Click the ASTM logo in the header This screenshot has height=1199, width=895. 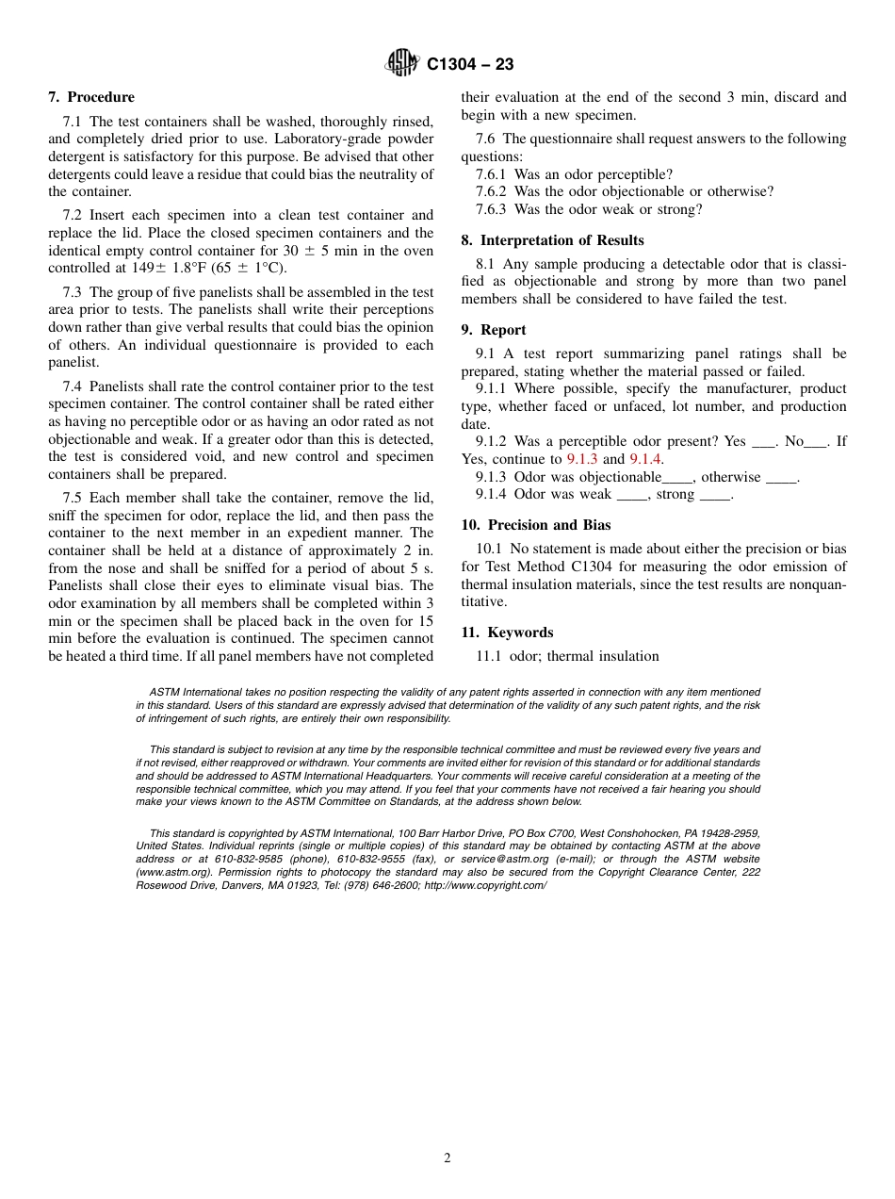coord(402,63)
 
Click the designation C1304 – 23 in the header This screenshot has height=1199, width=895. coord(470,64)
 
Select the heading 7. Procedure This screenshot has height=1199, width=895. coord(91,97)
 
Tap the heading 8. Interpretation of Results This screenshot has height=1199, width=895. coord(552,240)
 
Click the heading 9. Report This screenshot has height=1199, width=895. coord(494,330)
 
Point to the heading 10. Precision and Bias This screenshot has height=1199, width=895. coord(536,525)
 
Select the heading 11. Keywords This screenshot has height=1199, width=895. coord(507,632)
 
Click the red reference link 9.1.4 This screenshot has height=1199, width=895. coord(645,459)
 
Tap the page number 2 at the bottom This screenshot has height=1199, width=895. coord(447,1158)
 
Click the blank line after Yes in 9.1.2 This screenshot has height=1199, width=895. coord(762,442)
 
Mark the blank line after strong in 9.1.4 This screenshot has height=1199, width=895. coord(715,495)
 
